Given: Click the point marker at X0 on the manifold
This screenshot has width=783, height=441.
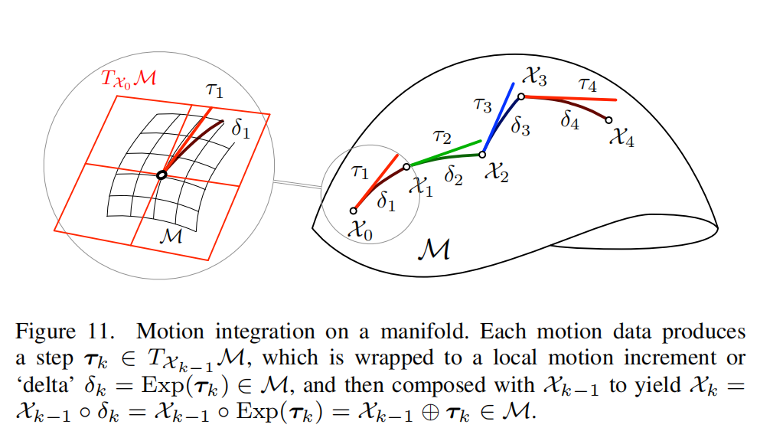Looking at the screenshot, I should point(354,211).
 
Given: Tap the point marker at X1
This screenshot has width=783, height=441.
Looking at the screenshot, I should point(406,165).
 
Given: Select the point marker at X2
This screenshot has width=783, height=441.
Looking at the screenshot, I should point(482,155).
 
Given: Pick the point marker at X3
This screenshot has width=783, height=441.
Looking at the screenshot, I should point(520,96).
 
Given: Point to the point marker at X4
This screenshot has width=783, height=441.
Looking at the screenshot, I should point(608,119).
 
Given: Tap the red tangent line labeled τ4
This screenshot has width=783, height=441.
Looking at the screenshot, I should point(569,98).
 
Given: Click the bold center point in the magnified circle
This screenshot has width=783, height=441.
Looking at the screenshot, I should point(161,175).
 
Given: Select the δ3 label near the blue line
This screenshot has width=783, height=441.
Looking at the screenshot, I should point(520,127).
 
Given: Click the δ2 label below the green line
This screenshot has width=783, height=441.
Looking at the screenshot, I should point(454,178).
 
